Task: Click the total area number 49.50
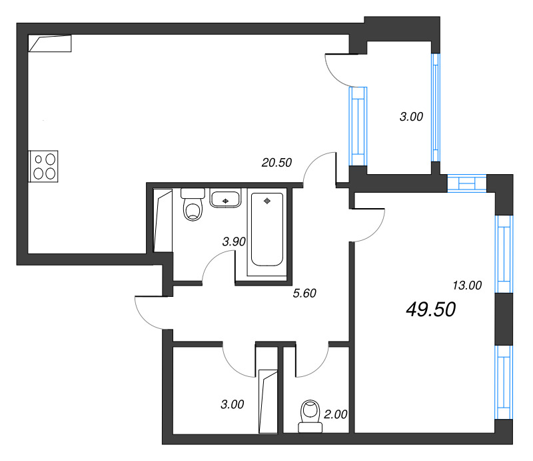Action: tap(430, 309)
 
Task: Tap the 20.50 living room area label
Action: tap(276, 162)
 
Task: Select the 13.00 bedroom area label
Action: tap(466, 286)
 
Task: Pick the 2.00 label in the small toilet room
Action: tap(335, 414)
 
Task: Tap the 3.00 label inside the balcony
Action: tap(410, 117)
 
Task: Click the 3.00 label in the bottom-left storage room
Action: tap(232, 404)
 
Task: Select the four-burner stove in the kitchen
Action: tap(45, 166)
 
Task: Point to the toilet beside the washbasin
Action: tap(194, 205)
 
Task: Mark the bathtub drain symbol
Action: tap(268, 200)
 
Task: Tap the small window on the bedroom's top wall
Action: tap(467, 183)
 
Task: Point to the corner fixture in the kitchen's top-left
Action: tap(51, 43)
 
